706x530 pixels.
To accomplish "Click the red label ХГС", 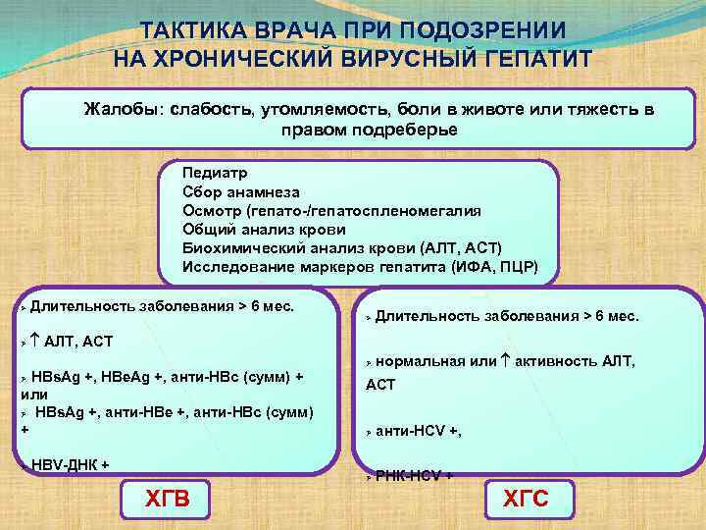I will (526, 502).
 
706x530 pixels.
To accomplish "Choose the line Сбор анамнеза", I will (240, 192).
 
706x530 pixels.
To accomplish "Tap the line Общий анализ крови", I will (250, 230).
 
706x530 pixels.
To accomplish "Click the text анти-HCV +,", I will (419, 430).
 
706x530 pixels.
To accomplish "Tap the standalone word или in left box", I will (34, 394).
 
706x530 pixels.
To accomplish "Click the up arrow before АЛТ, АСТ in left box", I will (35, 341).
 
